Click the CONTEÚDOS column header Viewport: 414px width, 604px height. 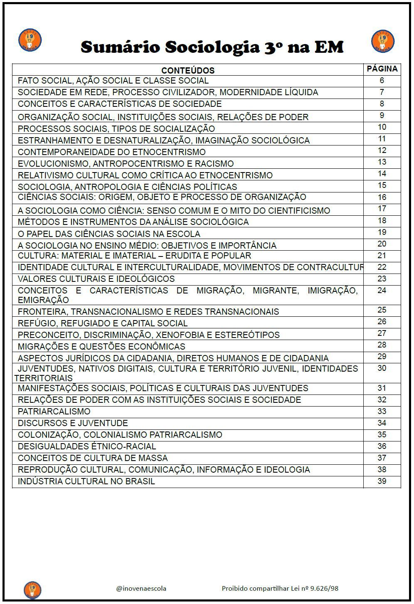coord(188,70)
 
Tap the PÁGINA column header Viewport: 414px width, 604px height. coord(382,69)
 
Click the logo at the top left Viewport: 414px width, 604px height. coord(30,40)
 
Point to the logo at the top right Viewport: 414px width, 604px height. coord(382,41)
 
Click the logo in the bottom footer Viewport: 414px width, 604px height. coord(32,589)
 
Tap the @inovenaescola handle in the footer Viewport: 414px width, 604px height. coord(141,588)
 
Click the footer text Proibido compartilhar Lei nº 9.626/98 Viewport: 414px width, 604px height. coord(280,588)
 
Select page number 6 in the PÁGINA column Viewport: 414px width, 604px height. coord(382,81)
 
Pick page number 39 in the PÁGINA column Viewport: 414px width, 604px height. coord(382,481)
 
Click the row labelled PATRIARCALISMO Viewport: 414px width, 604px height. coord(54,412)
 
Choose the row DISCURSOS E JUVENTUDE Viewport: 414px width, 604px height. coord(73,423)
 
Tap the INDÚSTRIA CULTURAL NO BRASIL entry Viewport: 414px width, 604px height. coord(86,481)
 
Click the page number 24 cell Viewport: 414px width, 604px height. coord(382,291)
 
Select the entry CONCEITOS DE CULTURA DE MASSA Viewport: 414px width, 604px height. coord(93,458)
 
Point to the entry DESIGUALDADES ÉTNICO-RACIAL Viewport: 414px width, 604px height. coord(87,446)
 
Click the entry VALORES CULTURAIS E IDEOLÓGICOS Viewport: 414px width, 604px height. coord(96,279)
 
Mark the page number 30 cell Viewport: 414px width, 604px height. coord(382,368)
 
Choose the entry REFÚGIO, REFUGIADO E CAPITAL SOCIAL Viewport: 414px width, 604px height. coord(103,323)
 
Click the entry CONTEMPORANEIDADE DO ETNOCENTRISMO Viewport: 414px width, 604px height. coord(112,152)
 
